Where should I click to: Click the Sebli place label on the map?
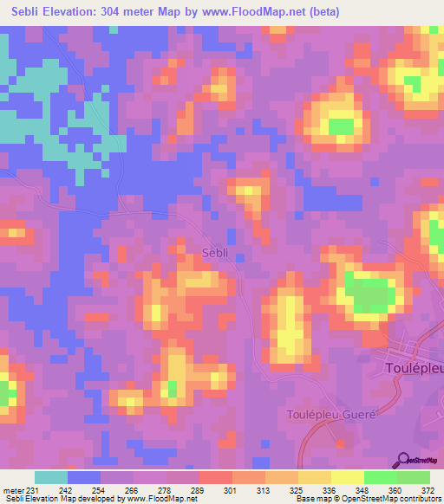pos(214,253)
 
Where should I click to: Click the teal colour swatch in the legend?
pos(51,477)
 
